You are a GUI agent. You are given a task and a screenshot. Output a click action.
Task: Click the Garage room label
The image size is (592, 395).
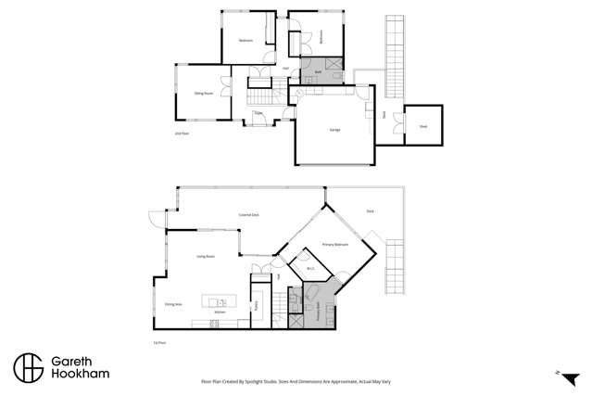tap(334, 130)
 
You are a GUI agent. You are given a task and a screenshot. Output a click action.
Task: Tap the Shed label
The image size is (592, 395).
tap(423, 126)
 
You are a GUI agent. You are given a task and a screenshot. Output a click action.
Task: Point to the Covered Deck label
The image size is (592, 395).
tap(248, 215)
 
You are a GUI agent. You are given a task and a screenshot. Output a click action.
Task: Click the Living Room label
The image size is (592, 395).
tap(205, 256)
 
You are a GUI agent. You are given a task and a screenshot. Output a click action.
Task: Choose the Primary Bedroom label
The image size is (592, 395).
tap(334, 244)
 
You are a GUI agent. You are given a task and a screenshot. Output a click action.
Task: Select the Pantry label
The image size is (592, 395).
tap(256, 303)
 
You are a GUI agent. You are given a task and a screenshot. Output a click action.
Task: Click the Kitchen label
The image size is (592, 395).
tap(220, 312)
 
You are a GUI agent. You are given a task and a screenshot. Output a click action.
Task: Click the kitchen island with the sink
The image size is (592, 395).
tap(220, 302)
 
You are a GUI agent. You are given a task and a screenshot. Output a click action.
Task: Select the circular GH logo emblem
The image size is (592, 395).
tap(28, 367)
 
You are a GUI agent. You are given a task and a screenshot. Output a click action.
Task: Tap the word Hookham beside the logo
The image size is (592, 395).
tap(82, 376)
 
